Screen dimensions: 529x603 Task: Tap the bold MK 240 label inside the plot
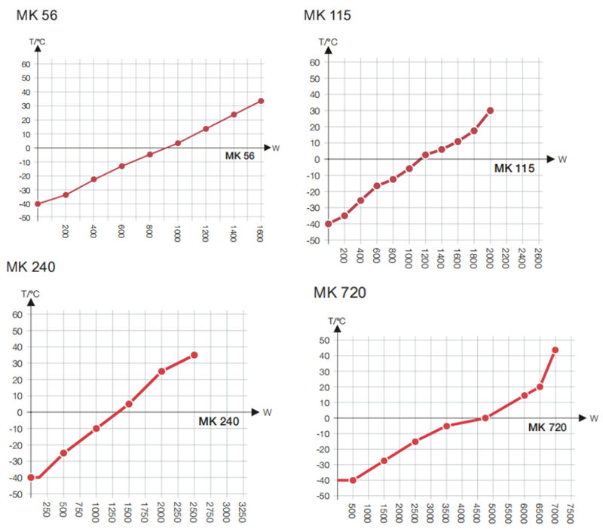point(219,422)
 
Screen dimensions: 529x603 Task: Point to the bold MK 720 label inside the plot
point(547,427)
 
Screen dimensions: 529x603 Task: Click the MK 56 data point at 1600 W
point(261,101)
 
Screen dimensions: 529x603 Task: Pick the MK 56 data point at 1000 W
point(178,143)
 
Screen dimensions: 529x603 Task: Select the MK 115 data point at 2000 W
point(490,111)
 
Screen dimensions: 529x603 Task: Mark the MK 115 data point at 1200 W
point(425,154)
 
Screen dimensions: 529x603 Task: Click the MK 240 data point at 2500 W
point(194,355)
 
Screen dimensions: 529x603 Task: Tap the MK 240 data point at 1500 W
point(129,404)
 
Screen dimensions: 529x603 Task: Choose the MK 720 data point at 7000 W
point(556,350)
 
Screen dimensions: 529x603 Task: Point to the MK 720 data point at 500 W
point(353,480)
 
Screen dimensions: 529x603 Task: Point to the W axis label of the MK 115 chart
point(562,159)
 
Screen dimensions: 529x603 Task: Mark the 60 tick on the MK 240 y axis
point(17,313)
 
